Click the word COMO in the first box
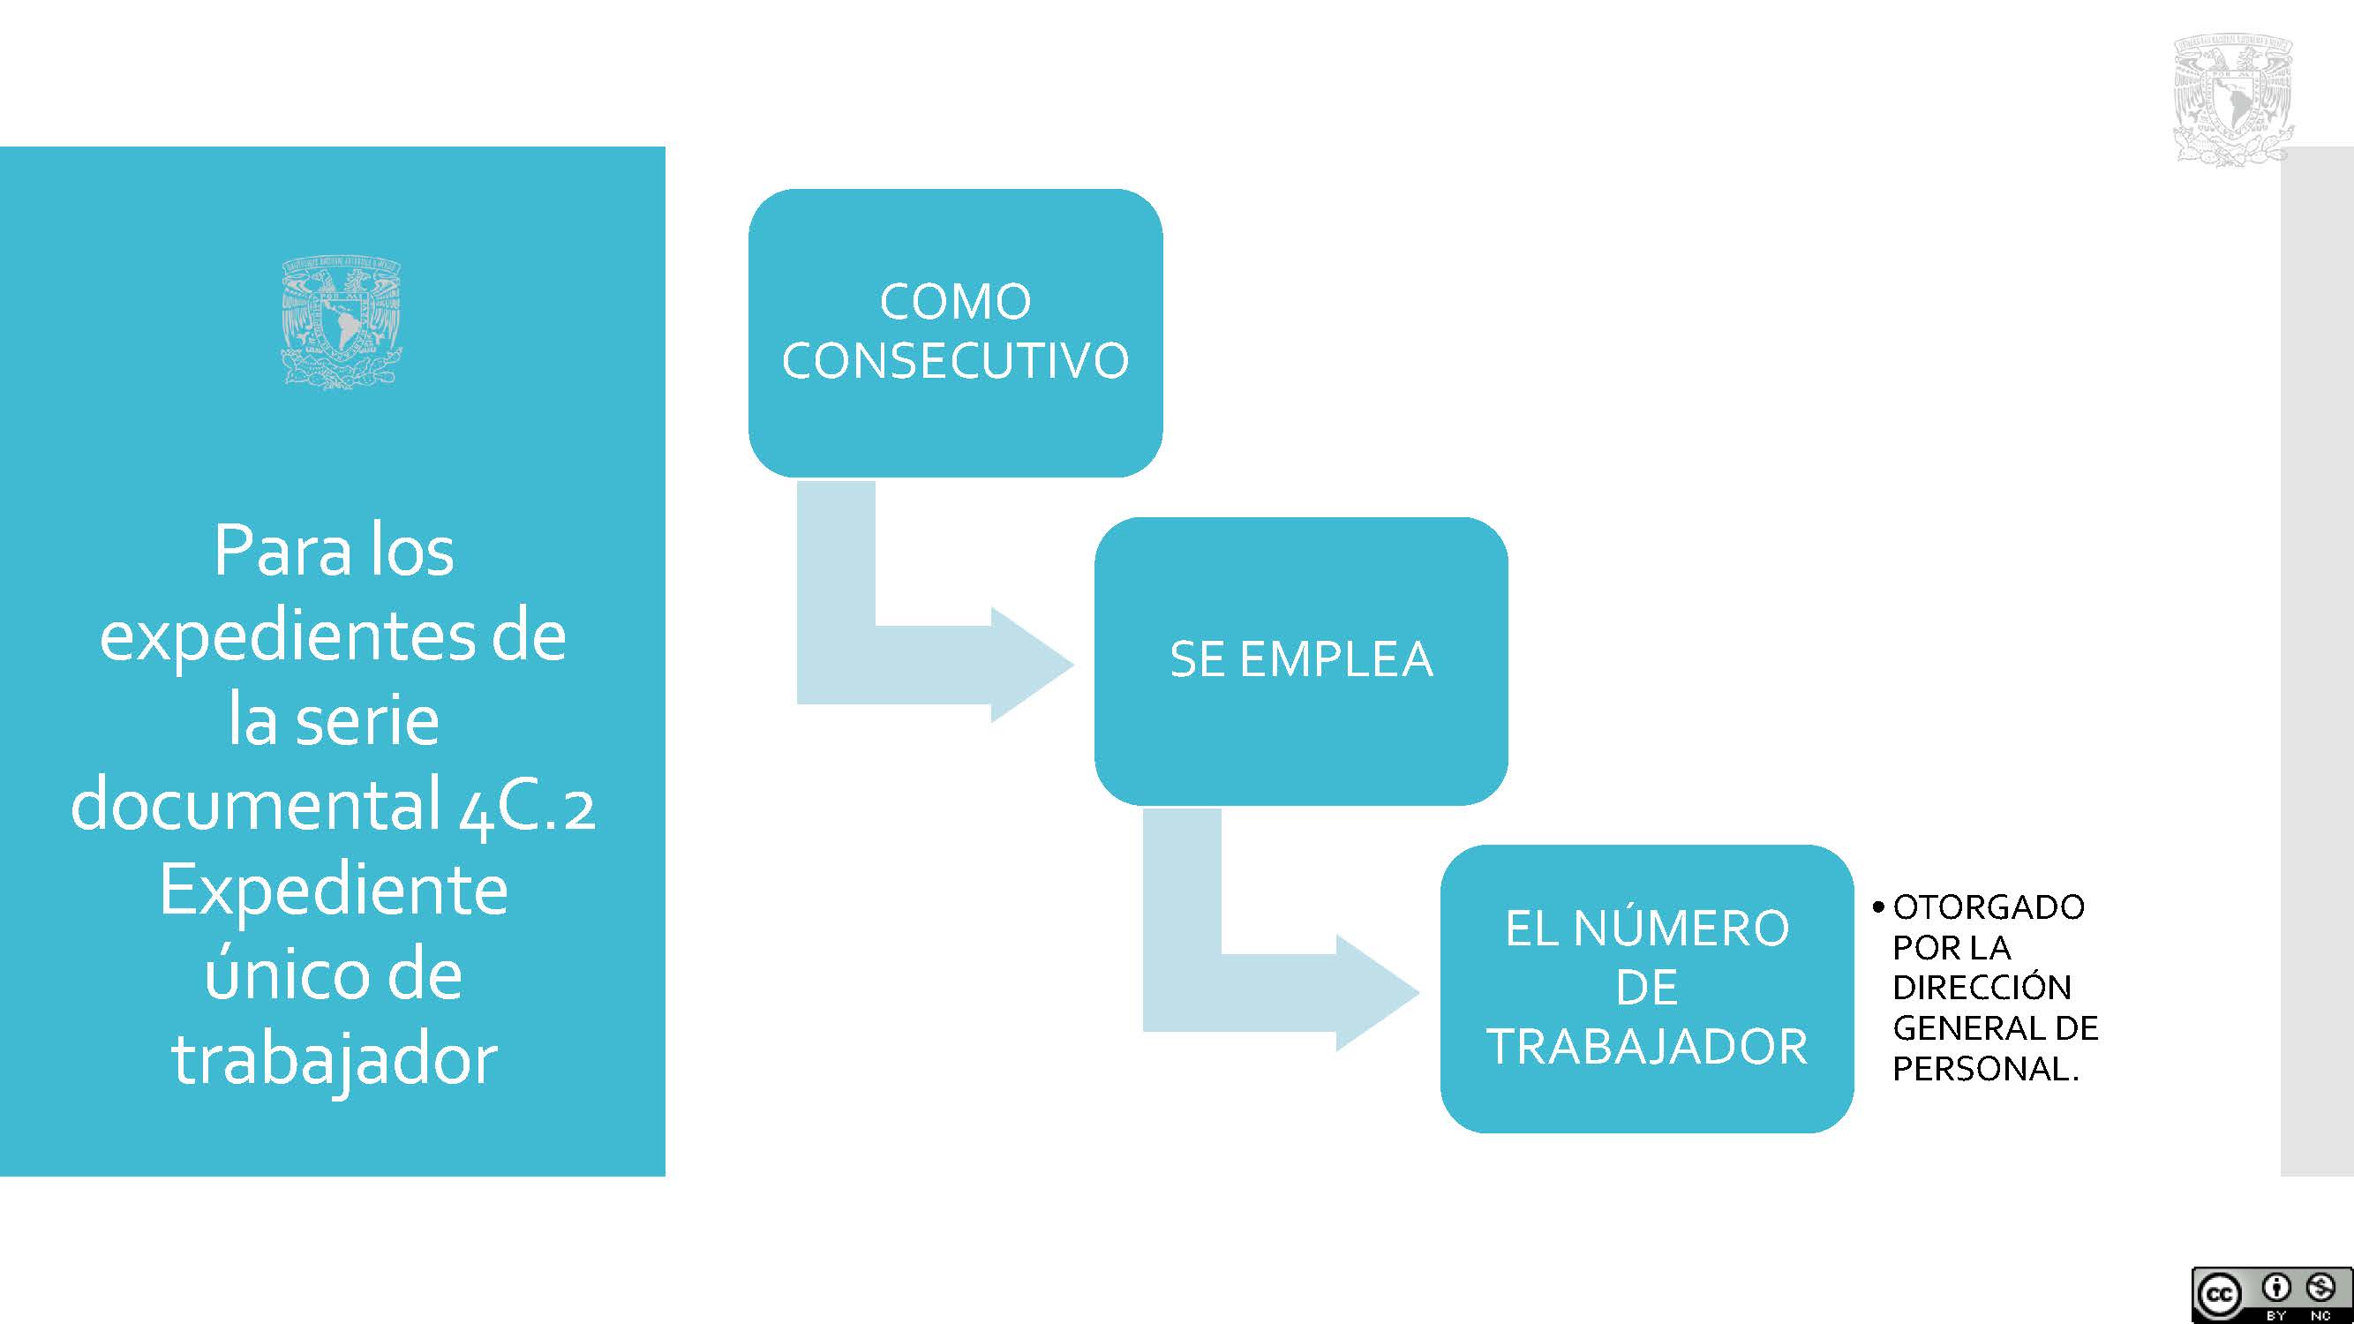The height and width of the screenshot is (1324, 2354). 955,302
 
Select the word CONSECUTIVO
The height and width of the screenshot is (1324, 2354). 955,360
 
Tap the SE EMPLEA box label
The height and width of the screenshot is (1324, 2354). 1301,658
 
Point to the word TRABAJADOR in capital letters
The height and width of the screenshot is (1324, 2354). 1647,1046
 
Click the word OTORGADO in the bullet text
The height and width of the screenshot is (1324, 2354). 1989,907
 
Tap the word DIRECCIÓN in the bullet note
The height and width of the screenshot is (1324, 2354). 1982,987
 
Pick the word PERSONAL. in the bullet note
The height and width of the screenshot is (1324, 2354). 1986,1068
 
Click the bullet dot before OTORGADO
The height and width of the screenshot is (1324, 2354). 1878,908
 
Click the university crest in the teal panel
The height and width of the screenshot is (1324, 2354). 342,323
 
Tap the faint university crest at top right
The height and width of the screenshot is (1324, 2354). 2233,100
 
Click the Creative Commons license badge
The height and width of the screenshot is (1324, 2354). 2271,1295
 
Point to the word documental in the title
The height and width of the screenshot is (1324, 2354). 257,804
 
